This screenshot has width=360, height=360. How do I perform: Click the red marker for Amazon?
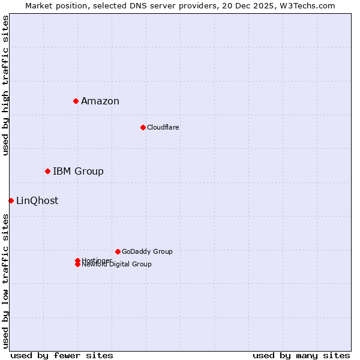tap(76, 101)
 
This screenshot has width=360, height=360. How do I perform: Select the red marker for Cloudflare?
tap(143, 127)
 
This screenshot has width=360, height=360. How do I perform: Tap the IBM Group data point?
tap(47, 171)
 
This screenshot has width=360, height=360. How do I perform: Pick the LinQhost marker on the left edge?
tap(11, 200)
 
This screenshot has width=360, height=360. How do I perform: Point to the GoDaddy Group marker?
tap(118, 251)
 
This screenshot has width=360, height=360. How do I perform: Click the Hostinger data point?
tap(77, 260)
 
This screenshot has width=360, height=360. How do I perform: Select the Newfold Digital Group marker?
tap(77, 265)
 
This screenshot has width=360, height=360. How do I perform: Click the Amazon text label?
tap(100, 101)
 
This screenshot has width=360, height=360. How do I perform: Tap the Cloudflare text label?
tap(163, 127)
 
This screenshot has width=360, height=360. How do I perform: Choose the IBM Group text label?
tap(78, 171)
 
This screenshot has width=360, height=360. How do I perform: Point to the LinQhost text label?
tap(37, 200)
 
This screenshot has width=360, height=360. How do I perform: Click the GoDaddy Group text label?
tap(147, 251)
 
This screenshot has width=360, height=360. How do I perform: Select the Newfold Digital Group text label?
tap(117, 265)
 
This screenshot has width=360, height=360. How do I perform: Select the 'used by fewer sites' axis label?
tap(62, 355)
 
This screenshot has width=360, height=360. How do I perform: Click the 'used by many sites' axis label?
tap(301, 355)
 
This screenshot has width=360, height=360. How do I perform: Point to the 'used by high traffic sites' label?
tap(6, 85)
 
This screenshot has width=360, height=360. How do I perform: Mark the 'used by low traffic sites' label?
tap(6, 281)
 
